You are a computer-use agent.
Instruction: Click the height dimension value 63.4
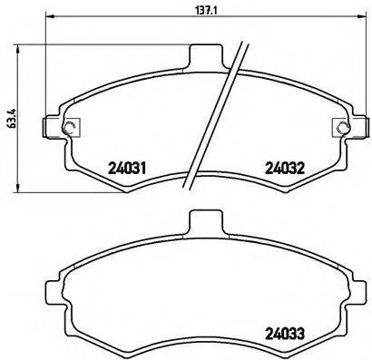pos(10,120)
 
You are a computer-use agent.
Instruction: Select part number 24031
pos(128,167)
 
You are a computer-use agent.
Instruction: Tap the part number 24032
pos(283,167)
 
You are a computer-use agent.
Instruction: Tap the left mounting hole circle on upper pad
pos(70,127)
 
